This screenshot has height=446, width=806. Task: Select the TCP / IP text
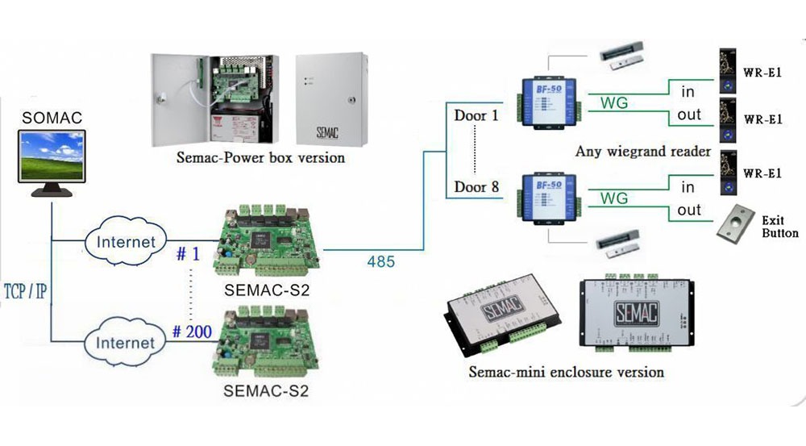coord(24,290)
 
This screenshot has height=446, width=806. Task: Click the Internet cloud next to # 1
coord(126,241)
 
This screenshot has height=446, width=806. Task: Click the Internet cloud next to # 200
coord(126,343)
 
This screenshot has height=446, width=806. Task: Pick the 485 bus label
coord(380,261)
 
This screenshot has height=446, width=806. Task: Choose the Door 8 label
coord(476,188)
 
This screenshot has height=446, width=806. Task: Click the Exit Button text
coord(779,227)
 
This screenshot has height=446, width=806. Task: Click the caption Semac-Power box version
coord(260,158)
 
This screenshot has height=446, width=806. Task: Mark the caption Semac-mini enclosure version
coord(566,373)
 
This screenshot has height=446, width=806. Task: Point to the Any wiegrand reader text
coord(642,152)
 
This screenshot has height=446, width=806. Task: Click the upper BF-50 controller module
coord(548,99)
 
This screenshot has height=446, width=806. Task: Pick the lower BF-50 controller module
coord(548,197)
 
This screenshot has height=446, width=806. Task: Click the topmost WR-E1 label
coord(763,71)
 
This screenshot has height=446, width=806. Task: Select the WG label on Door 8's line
coord(616,198)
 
